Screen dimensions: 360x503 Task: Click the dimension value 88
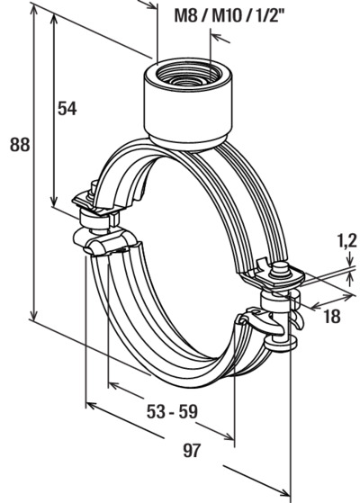20,145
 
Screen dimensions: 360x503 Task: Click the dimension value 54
67,108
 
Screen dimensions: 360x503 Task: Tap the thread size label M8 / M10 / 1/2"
229,15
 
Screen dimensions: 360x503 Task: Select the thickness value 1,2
346,240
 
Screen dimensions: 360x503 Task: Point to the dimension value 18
332,317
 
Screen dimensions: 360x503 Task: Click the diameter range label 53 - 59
172,411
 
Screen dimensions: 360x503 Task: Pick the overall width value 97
192,451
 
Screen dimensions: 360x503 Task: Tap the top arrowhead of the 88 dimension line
33,9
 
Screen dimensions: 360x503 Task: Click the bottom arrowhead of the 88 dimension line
33,315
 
